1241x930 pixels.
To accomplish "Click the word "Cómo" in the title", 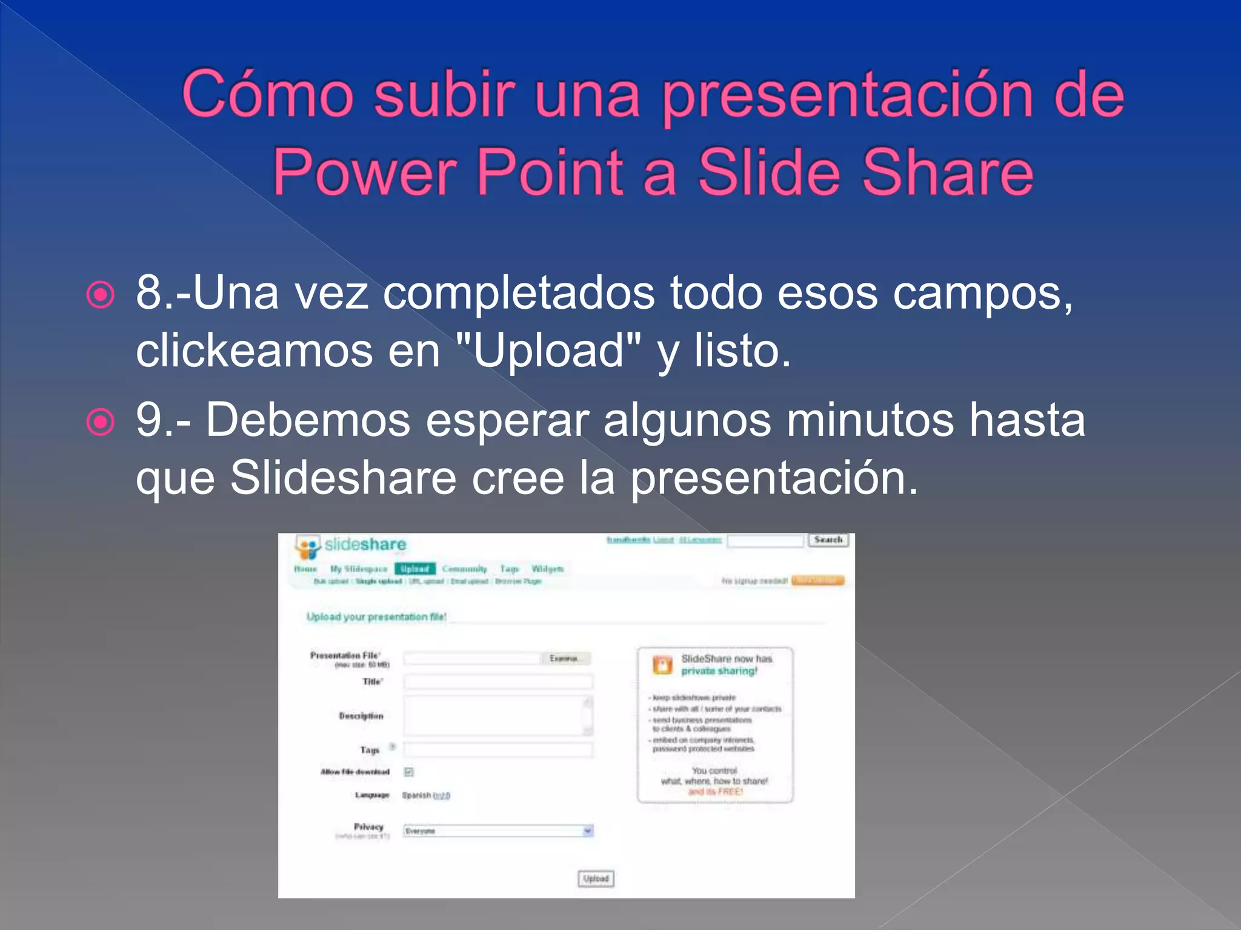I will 267,95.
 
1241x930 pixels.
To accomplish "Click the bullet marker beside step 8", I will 100,295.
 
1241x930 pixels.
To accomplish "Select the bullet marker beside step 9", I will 100,422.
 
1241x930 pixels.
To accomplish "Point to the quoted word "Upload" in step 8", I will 548,351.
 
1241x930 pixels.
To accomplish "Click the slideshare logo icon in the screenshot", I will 307,547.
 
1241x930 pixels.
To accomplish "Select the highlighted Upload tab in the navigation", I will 415,569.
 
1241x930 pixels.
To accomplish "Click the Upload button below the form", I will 596,879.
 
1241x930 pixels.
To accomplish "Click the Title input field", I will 498,682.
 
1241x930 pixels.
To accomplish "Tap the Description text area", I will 494,716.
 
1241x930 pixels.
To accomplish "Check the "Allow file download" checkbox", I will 409,772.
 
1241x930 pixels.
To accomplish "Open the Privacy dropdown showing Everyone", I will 498,831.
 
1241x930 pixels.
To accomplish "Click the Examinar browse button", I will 565,658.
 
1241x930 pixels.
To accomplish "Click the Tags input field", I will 498,750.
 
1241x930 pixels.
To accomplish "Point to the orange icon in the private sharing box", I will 662,665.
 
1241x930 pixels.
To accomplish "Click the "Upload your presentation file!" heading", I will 376,617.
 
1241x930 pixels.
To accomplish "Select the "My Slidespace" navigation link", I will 358,569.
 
